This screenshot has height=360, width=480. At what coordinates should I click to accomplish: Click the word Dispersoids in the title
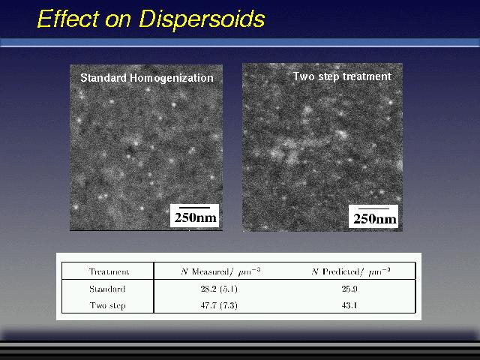point(202,19)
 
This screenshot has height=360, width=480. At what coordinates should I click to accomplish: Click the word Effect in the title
point(67,19)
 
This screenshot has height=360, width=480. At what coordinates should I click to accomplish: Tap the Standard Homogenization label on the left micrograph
point(147,78)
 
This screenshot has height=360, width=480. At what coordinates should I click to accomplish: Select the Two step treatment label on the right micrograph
point(342,76)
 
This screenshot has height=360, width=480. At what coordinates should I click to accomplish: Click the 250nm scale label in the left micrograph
point(195,218)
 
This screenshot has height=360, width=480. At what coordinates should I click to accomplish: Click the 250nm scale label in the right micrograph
point(374,219)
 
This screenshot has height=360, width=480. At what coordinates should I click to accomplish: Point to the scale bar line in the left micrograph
point(195,208)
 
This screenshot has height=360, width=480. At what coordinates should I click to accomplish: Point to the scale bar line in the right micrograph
point(373,208)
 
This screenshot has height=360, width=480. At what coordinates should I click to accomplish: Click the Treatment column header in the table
point(109,271)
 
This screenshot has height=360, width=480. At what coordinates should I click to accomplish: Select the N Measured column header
point(220,271)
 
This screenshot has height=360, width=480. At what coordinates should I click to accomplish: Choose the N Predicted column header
point(351,271)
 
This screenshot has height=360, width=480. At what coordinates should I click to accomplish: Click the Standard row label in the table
point(107,289)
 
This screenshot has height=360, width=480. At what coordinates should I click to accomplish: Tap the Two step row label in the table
point(108,305)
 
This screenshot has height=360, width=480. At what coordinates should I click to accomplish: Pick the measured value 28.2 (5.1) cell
point(219,289)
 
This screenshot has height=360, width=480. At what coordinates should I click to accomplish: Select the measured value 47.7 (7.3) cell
point(219,305)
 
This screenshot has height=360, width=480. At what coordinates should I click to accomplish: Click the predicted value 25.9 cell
point(349,289)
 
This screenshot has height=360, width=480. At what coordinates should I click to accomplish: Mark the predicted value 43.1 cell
point(349,305)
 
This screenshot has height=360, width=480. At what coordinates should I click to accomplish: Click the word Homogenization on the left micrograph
point(172,78)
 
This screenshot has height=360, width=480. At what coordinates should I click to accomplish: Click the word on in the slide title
point(118,21)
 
